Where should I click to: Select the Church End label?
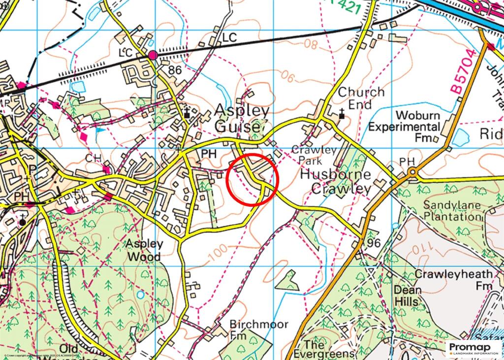[x=361, y=98]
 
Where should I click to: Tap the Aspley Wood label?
[x=144, y=250]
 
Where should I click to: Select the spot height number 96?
[x=374, y=243]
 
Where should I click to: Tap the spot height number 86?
[x=175, y=70]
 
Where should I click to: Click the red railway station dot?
[x=153, y=55]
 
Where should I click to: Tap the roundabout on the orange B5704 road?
[x=412, y=172]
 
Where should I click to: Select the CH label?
[x=93, y=159]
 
